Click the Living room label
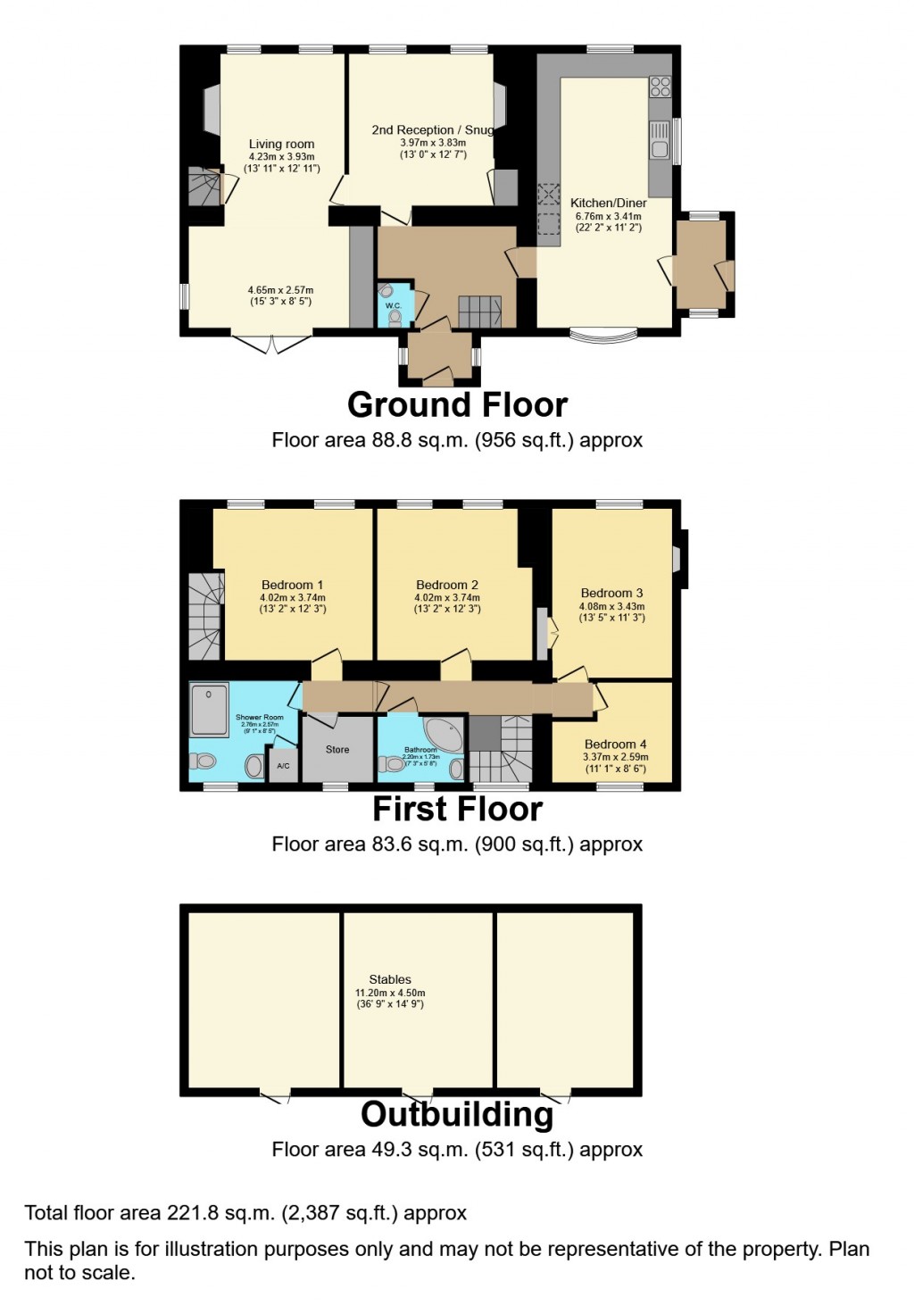[x=281, y=144]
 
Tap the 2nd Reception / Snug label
[x=433, y=130]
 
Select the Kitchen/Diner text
[x=608, y=203]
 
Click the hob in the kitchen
[x=660, y=87]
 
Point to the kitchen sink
[x=660, y=143]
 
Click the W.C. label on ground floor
[x=394, y=306]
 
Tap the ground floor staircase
[x=479, y=312]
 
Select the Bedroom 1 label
[x=292, y=585]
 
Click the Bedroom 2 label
[x=447, y=585]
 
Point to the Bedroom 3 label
[x=611, y=593]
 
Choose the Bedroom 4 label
[x=615, y=744]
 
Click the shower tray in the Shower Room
[x=210, y=710]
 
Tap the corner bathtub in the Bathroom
[x=445, y=732]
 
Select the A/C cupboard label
[x=283, y=767]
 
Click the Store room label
[x=337, y=750]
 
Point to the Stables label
[x=390, y=979]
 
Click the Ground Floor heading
[x=457, y=405]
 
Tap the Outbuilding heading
[x=457, y=1115]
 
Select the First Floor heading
[x=457, y=810]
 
